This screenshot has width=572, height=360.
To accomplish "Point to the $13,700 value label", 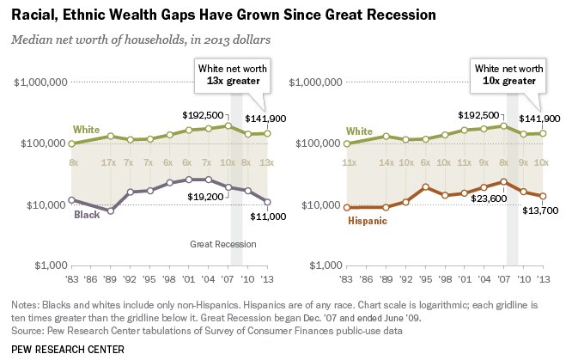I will coord(532,212).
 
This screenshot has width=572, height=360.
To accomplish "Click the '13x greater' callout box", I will coord(232,74).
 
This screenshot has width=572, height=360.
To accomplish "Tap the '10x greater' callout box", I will coord(508,74).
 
